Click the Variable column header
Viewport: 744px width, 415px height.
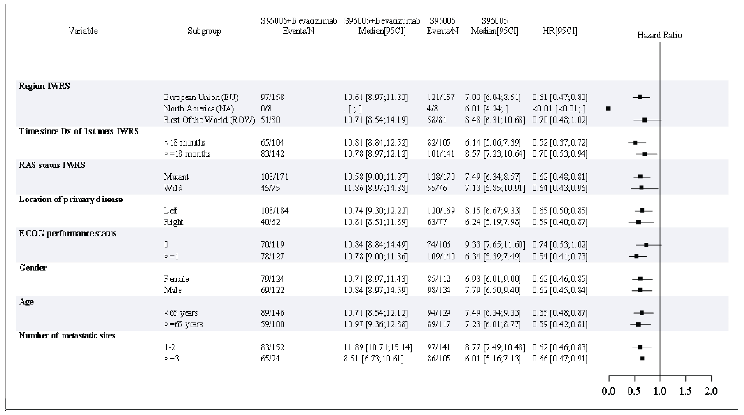click(x=83, y=31)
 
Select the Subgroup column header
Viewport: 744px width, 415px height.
click(x=204, y=31)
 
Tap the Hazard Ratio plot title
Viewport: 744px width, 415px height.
click(x=659, y=35)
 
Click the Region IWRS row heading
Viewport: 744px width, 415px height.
click(x=44, y=86)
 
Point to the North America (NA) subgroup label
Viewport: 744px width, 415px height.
click(x=199, y=108)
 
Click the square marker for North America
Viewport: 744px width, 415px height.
click(x=608, y=108)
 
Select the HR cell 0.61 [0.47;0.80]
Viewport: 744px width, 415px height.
click(x=560, y=97)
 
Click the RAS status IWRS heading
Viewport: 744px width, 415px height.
click(x=52, y=165)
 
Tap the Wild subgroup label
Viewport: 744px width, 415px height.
click(x=173, y=188)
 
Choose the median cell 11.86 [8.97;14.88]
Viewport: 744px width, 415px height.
click(x=375, y=188)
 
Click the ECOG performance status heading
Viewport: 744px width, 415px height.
click(x=68, y=233)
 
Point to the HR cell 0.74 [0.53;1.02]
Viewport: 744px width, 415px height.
click(x=560, y=245)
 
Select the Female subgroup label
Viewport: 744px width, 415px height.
click(x=176, y=279)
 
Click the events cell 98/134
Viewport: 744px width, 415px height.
click(x=438, y=290)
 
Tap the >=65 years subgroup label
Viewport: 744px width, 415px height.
click(x=183, y=324)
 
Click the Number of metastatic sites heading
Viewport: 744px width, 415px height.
click(x=67, y=335)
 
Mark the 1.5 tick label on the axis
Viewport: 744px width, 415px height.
click(x=685, y=391)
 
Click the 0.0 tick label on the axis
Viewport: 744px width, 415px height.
click(x=608, y=391)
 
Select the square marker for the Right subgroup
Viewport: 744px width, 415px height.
click(x=638, y=222)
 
